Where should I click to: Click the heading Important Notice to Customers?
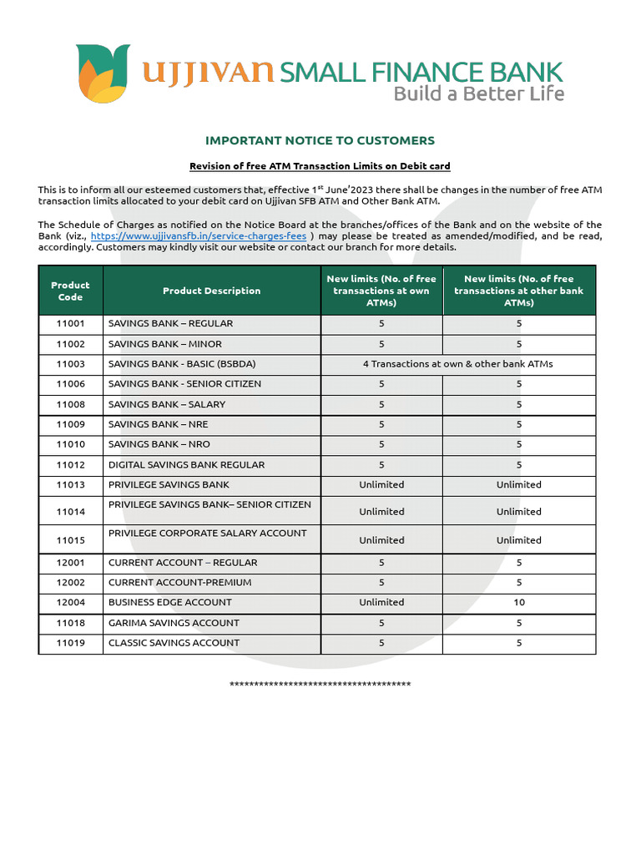point(320,140)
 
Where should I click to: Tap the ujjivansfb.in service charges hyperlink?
point(204,235)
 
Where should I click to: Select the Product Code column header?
point(70,291)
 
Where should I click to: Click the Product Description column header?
point(211,291)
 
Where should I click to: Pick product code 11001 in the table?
point(70,324)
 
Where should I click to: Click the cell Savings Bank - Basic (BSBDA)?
point(182,364)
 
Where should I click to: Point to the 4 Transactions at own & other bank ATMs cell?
point(457,364)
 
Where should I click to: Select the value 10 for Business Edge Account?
point(519,602)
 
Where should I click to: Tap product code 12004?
point(70,603)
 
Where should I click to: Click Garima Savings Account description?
point(174,623)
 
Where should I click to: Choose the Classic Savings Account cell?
point(174,643)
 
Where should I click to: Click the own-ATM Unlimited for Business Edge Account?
point(381,602)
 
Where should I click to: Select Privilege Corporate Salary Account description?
point(207,534)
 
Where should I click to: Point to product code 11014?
point(70,512)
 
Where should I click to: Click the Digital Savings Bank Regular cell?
point(186,465)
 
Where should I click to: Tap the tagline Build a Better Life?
point(478,94)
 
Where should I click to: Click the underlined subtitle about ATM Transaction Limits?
point(320,166)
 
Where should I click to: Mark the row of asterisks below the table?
point(320,686)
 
